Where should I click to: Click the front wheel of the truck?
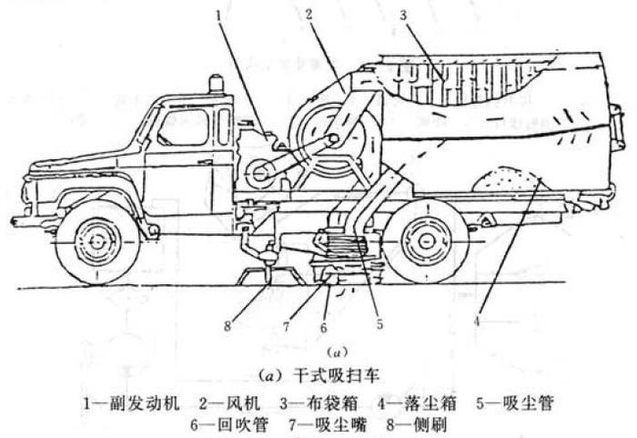pyautogui.click(x=97, y=242)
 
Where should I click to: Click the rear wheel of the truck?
pyautogui.click(x=426, y=242)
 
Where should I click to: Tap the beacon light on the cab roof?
pyautogui.click(x=217, y=85)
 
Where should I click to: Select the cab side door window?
pyautogui.click(x=184, y=127)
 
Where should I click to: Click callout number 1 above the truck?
pyautogui.click(x=219, y=16)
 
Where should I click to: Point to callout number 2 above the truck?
pyautogui.click(x=309, y=15)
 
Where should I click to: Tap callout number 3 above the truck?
pyautogui.click(x=402, y=15)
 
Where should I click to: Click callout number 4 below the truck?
pyautogui.click(x=478, y=321)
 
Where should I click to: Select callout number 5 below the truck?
pyautogui.click(x=379, y=324)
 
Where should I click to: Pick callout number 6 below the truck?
pyautogui.click(x=323, y=327)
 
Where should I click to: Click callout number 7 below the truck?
pyautogui.click(x=287, y=326)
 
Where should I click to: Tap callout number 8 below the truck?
pyautogui.click(x=227, y=325)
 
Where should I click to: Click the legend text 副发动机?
pyautogui.click(x=145, y=403)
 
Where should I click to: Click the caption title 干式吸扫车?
pyautogui.click(x=336, y=376)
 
